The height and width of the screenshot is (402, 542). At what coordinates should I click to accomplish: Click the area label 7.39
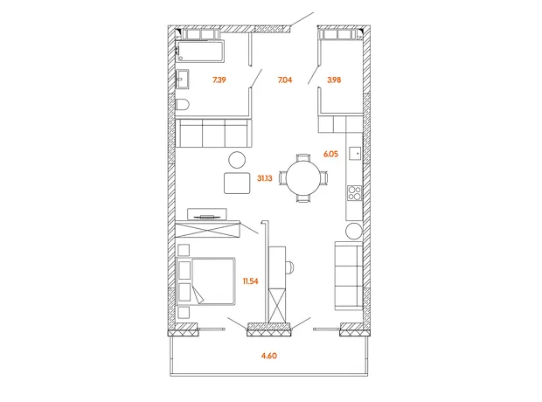219,80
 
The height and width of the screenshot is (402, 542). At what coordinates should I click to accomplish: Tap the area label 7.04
285,80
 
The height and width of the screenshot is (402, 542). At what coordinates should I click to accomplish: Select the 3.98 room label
334,80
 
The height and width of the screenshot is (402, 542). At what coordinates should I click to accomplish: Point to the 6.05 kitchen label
330,154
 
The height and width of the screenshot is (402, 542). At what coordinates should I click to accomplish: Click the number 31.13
265,178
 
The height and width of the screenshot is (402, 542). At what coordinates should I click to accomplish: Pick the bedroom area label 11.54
250,281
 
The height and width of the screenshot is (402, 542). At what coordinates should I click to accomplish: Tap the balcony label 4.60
269,356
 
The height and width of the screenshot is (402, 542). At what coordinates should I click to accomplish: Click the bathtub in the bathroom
199,52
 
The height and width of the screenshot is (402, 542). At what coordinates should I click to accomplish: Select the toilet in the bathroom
182,104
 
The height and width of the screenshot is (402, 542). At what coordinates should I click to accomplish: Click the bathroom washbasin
182,80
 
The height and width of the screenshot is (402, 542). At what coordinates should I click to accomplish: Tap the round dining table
304,178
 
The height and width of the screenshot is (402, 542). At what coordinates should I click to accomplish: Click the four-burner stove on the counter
354,193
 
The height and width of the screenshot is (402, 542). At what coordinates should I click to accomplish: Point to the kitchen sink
355,153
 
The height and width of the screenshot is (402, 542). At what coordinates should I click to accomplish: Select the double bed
205,281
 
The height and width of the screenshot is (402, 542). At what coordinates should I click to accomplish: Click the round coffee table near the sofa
237,161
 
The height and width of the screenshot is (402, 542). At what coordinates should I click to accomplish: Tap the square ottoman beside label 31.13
237,184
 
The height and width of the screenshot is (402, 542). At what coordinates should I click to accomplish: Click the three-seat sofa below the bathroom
213,133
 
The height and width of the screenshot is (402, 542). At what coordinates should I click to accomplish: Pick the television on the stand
206,217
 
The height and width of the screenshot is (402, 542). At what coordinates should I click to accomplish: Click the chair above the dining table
304,157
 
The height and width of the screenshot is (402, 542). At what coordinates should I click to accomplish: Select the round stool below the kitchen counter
354,231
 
